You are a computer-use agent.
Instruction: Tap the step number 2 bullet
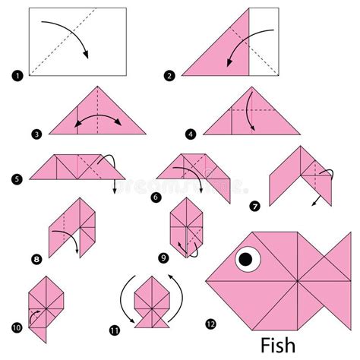tap(169, 75)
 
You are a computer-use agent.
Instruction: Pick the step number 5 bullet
tap(16, 179)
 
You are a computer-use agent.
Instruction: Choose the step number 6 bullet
tap(157, 196)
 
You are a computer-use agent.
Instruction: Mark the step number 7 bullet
tap(254, 205)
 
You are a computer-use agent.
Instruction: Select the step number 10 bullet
tap(16, 327)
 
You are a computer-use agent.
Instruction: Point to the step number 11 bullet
tap(114, 329)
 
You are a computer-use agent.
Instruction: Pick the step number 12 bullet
tap(210, 324)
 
